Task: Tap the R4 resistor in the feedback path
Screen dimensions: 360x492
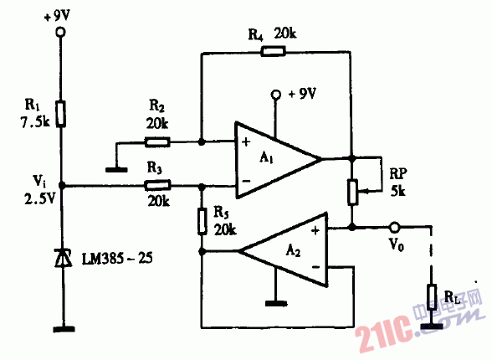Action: tap(274, 52)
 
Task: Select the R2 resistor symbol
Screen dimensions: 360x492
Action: tap(158, 141)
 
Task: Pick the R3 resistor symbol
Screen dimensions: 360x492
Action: tap(158, 186)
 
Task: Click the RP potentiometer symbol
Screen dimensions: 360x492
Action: tap(352, 191)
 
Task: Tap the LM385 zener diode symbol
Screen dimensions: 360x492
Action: tap(60, 260)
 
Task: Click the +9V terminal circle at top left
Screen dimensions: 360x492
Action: tap(60, 32)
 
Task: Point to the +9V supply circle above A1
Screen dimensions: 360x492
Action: tap(274, 94)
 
